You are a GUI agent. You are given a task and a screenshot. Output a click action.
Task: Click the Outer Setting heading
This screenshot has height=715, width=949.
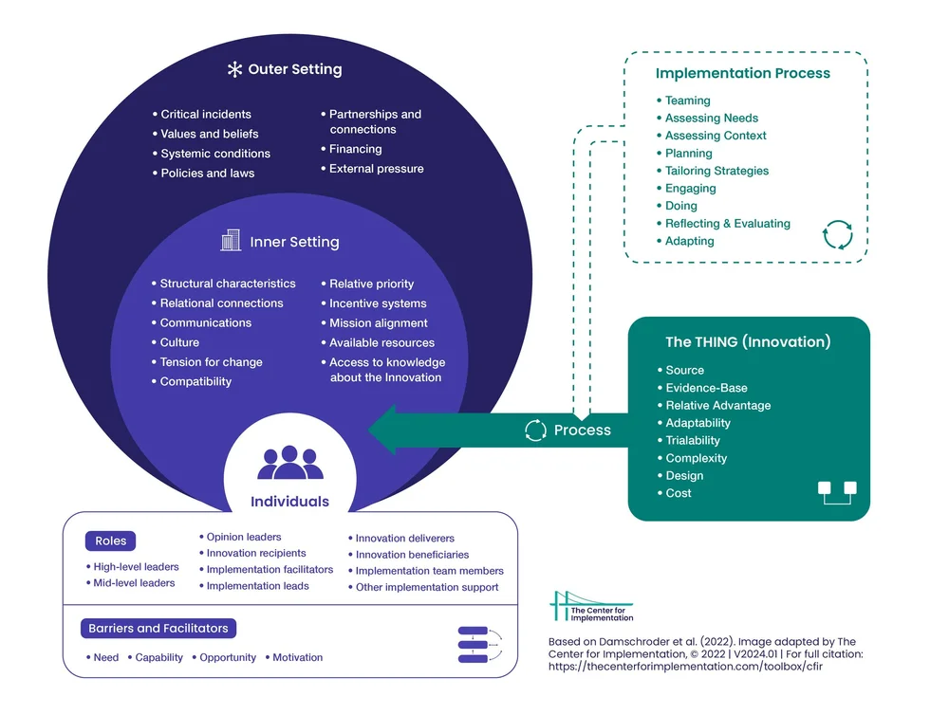coord(294,69)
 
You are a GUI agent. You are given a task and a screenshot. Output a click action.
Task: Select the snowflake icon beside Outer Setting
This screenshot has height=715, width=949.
coord(235,69)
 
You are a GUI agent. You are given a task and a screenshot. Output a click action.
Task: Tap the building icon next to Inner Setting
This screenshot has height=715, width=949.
coord(231,241)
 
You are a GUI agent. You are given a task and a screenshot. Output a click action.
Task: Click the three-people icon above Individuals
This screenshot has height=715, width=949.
coord(289,463)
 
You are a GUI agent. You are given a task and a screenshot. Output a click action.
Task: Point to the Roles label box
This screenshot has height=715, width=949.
coord(111,541)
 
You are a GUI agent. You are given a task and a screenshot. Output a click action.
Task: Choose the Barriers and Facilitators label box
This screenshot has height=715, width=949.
coord(158,629)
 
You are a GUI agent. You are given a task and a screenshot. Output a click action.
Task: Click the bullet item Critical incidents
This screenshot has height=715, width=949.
coord(205,114)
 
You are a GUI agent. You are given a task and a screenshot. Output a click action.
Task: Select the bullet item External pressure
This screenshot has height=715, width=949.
coord(376,169)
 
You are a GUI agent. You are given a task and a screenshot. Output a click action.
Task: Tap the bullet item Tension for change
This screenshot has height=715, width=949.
coord(211,362)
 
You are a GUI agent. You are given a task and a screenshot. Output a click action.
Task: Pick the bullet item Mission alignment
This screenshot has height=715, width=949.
coord(378,323)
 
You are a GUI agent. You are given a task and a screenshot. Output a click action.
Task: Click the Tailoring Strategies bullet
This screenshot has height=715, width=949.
coord(716,171)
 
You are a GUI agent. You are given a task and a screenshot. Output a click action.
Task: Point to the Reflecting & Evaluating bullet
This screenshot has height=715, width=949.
coord(727,224)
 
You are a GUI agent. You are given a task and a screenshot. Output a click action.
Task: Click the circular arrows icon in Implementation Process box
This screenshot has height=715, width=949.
coord(837,234)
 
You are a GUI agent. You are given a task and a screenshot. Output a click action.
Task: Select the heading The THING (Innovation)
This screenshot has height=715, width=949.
coord(748,342)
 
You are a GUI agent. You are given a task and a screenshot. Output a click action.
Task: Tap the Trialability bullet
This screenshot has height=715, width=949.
coord(692,440)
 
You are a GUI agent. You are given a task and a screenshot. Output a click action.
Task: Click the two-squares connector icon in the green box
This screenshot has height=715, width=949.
coord(837,492)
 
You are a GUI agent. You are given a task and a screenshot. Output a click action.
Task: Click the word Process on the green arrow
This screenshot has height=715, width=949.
coord(582,431)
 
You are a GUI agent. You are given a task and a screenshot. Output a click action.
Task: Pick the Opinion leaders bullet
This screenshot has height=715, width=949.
coord(244,537)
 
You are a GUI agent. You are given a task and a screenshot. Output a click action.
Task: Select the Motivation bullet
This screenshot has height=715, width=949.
coord(297,657)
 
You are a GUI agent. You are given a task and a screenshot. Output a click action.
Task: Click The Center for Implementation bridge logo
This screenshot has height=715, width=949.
coord(591,607)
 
